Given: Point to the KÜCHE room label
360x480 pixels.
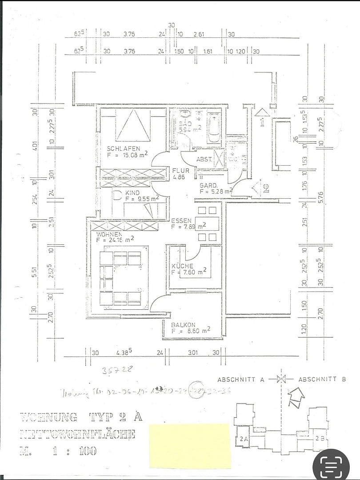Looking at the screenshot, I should pos(182,266).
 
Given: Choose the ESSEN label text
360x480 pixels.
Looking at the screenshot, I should pos(181,220).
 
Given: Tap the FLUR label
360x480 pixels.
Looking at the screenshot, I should pos(180,170).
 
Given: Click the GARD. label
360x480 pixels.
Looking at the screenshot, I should pos(208,185).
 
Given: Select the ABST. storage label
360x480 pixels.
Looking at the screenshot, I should pos(204,159).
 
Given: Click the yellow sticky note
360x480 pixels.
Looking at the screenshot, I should pos(190,445).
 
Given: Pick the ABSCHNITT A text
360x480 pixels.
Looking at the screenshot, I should pos(240,379).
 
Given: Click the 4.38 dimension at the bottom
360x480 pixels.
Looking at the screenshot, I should pos(124,353).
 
